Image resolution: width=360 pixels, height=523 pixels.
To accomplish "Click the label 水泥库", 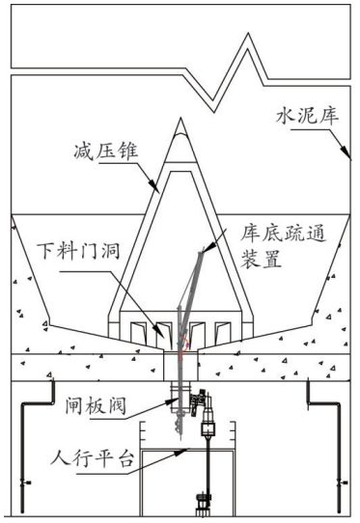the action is click(307, 117).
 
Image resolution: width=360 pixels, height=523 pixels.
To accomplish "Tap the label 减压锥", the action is click(106, 151).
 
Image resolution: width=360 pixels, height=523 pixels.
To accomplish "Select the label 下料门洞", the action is click(78, 251).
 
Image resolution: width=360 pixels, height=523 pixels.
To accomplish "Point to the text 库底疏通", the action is click(283, 234).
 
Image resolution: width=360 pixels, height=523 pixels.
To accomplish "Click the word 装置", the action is click(262, 259).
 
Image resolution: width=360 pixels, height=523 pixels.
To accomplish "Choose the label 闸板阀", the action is click(96, 405).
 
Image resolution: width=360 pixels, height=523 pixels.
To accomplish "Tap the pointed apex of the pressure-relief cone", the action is click(180, 118).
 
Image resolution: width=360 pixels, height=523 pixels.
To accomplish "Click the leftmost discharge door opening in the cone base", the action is click(139, 333).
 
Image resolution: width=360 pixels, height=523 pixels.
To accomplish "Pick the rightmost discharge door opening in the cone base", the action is click(223, 332).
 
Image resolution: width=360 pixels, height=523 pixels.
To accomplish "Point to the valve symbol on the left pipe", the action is click(24, 482).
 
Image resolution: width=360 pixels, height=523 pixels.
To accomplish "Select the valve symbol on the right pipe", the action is click(341, 482).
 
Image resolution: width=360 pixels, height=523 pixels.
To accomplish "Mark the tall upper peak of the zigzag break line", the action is click(248, 34).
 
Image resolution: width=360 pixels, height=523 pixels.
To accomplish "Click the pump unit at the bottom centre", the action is click(203, 504).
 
